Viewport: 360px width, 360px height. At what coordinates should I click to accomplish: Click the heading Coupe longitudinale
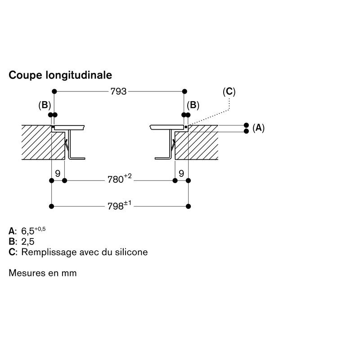tap(60, 75)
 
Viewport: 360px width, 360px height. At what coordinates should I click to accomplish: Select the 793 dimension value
tap(118, 91)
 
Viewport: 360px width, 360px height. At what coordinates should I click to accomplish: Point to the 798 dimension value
tap(116, 206)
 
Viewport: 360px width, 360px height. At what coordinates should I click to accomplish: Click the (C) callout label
tap(229, 92)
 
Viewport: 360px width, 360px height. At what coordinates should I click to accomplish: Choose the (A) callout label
tap(258, 128)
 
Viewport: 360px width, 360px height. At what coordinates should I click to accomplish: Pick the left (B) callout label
tap(45, 105)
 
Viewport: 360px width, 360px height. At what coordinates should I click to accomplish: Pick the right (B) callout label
tap(193, 105)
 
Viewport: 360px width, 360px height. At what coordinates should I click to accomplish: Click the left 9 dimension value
tap(57, 173)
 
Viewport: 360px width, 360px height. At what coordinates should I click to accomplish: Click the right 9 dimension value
tap(181, 173)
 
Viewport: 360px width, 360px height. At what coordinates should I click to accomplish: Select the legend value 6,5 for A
tap(28, 231)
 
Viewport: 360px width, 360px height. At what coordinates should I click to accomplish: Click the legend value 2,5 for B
tap(27, 242)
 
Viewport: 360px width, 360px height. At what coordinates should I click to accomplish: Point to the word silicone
tap(130, 252)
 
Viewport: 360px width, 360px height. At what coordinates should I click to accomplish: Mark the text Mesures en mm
tap(43, 273)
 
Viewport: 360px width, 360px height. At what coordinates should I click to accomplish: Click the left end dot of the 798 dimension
tap(52, 206)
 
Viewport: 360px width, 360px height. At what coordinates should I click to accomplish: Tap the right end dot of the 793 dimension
tap(184, 91)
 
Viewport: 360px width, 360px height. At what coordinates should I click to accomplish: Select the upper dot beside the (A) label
tap(246, 125)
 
